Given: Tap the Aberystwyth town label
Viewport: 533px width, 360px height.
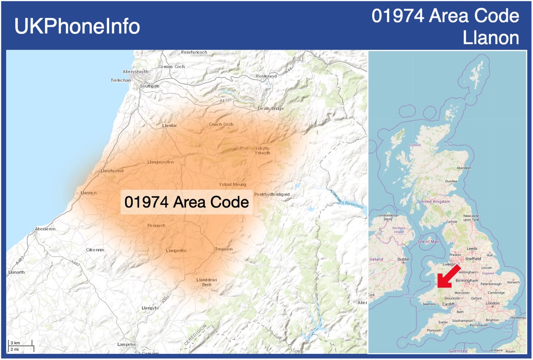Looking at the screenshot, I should (135, 71).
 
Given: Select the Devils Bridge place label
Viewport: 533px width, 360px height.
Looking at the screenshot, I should (271, 109).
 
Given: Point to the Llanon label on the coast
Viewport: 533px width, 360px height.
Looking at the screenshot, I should (88, 193).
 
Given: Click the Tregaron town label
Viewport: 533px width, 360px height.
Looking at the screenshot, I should (224, 249).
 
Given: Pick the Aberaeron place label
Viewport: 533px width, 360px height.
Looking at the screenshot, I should (45, 229).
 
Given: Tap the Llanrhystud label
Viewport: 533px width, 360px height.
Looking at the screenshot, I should (112, 171).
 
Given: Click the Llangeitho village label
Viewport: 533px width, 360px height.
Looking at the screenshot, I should (176, 250).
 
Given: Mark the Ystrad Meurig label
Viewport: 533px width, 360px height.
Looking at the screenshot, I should (232, 185).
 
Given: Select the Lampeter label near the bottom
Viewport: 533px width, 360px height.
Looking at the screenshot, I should (126, 344).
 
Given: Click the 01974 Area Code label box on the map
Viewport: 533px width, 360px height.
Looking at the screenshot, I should (187, 202).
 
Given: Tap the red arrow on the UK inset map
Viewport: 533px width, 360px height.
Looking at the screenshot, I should (448, 276).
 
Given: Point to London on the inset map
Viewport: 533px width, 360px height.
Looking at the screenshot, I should (492, 303).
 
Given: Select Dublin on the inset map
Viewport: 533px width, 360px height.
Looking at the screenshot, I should (403, 259).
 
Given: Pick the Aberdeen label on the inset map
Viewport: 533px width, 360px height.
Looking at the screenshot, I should (464, 168).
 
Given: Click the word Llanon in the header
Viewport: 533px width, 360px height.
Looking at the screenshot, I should (491, 38).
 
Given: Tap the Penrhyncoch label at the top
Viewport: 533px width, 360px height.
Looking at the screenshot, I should (194, 52).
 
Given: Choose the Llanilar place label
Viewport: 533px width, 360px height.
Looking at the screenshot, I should (169, 126).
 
